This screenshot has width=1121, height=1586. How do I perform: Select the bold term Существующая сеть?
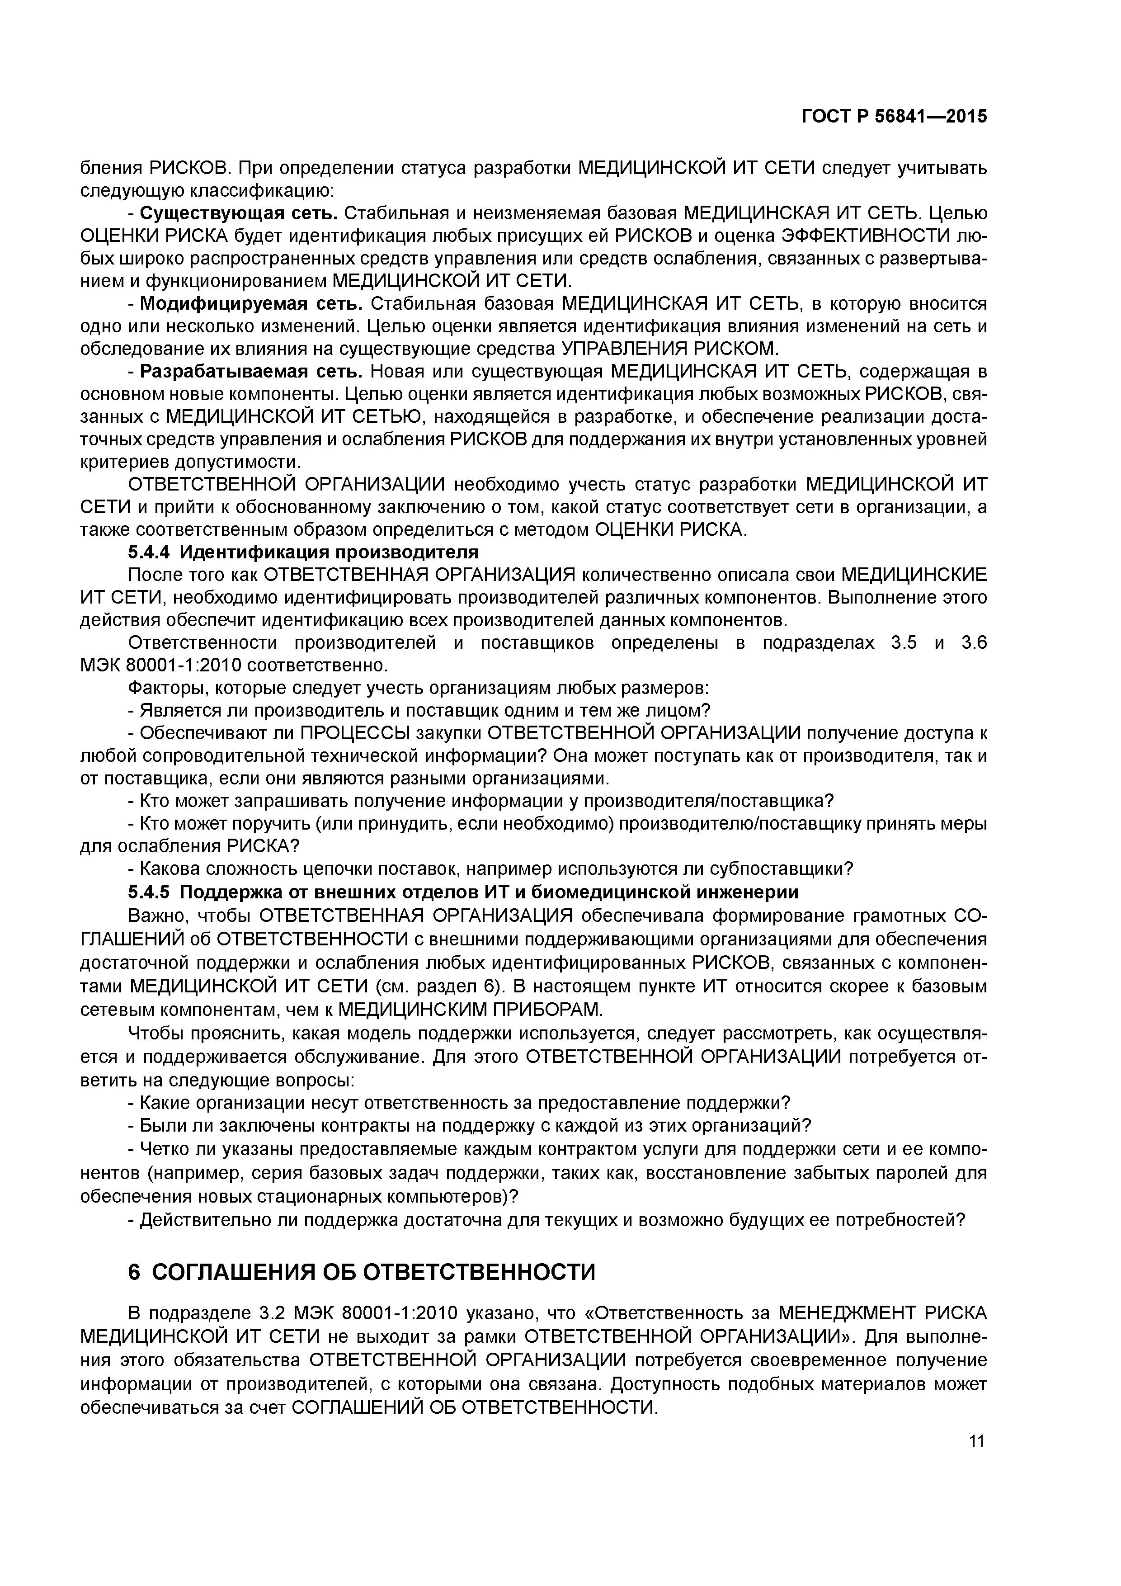point(238,213)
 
